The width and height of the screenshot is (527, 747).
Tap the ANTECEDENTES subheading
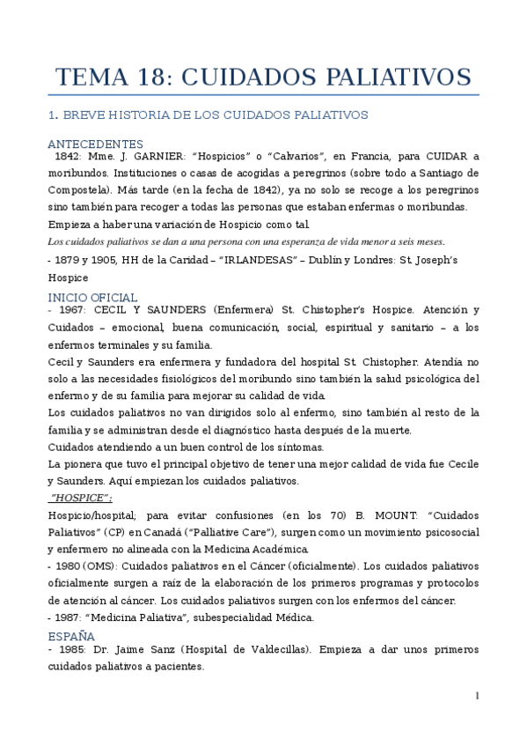tap(95, 144)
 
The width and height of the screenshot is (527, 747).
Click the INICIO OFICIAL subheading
tap(92, 298)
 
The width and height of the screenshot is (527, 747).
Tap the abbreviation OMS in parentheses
tap(104, 566)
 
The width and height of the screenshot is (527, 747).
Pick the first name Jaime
tap(137, 649)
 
